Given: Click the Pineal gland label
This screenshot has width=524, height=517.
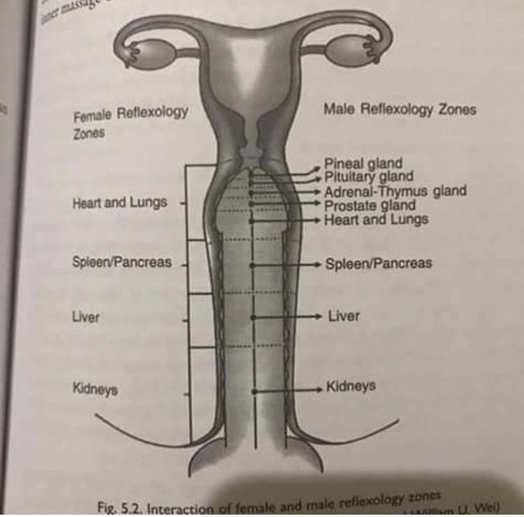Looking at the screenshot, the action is tap(363, 164).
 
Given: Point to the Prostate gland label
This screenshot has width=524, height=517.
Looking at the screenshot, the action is tap(369, 205).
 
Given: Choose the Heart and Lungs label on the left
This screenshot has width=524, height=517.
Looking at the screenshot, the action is tap(120, 203).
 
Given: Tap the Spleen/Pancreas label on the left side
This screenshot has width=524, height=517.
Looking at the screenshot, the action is tap(122, 263).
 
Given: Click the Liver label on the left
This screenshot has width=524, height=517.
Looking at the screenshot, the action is tap(86, 317).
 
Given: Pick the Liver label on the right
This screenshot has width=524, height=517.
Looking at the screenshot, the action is tap(344, 316).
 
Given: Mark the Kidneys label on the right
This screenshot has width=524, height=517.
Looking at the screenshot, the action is tap(351, 386).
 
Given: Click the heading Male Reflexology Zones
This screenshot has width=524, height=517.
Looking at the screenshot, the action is tap(399, 109).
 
